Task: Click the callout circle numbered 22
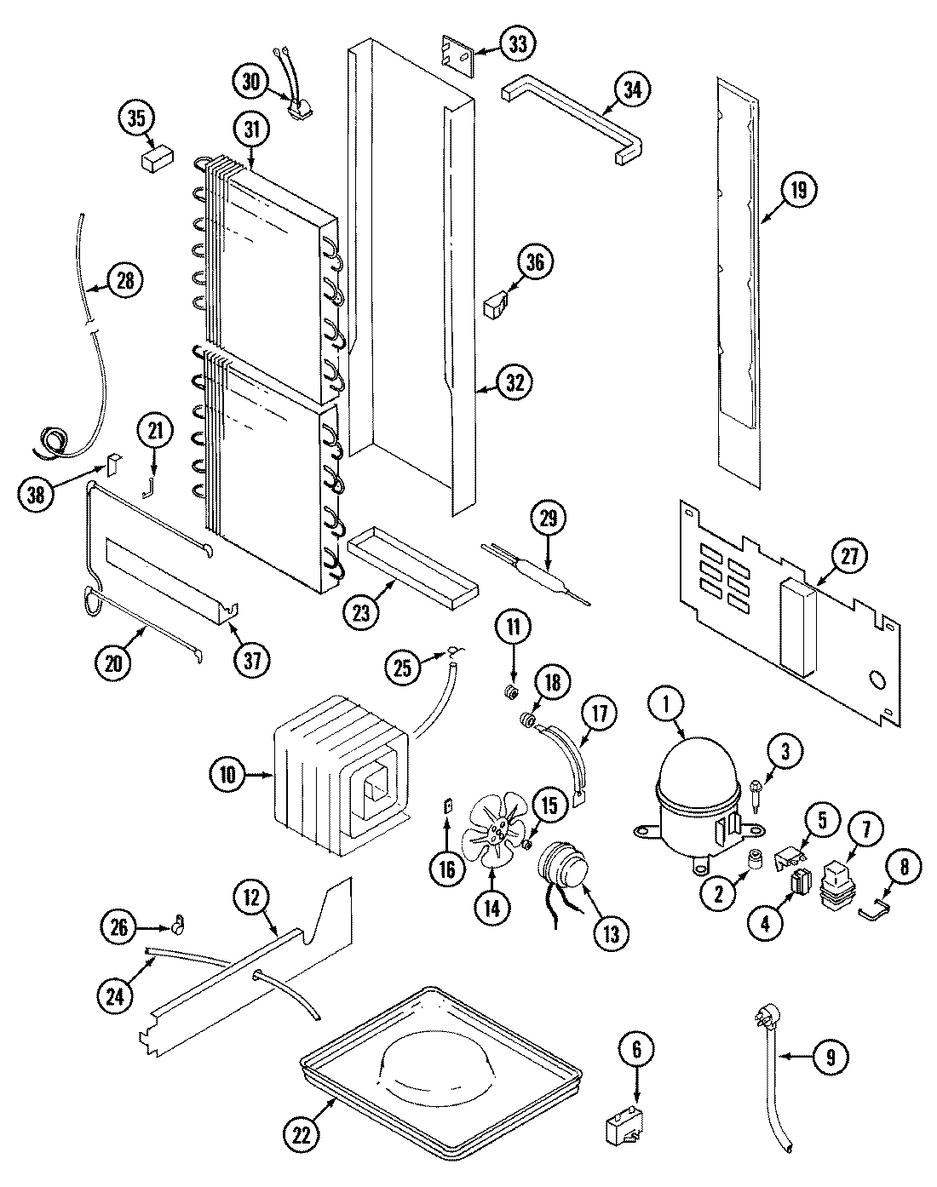coord(303,1134)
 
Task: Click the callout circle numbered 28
coord(125,281)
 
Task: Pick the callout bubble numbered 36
coord(534,262)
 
